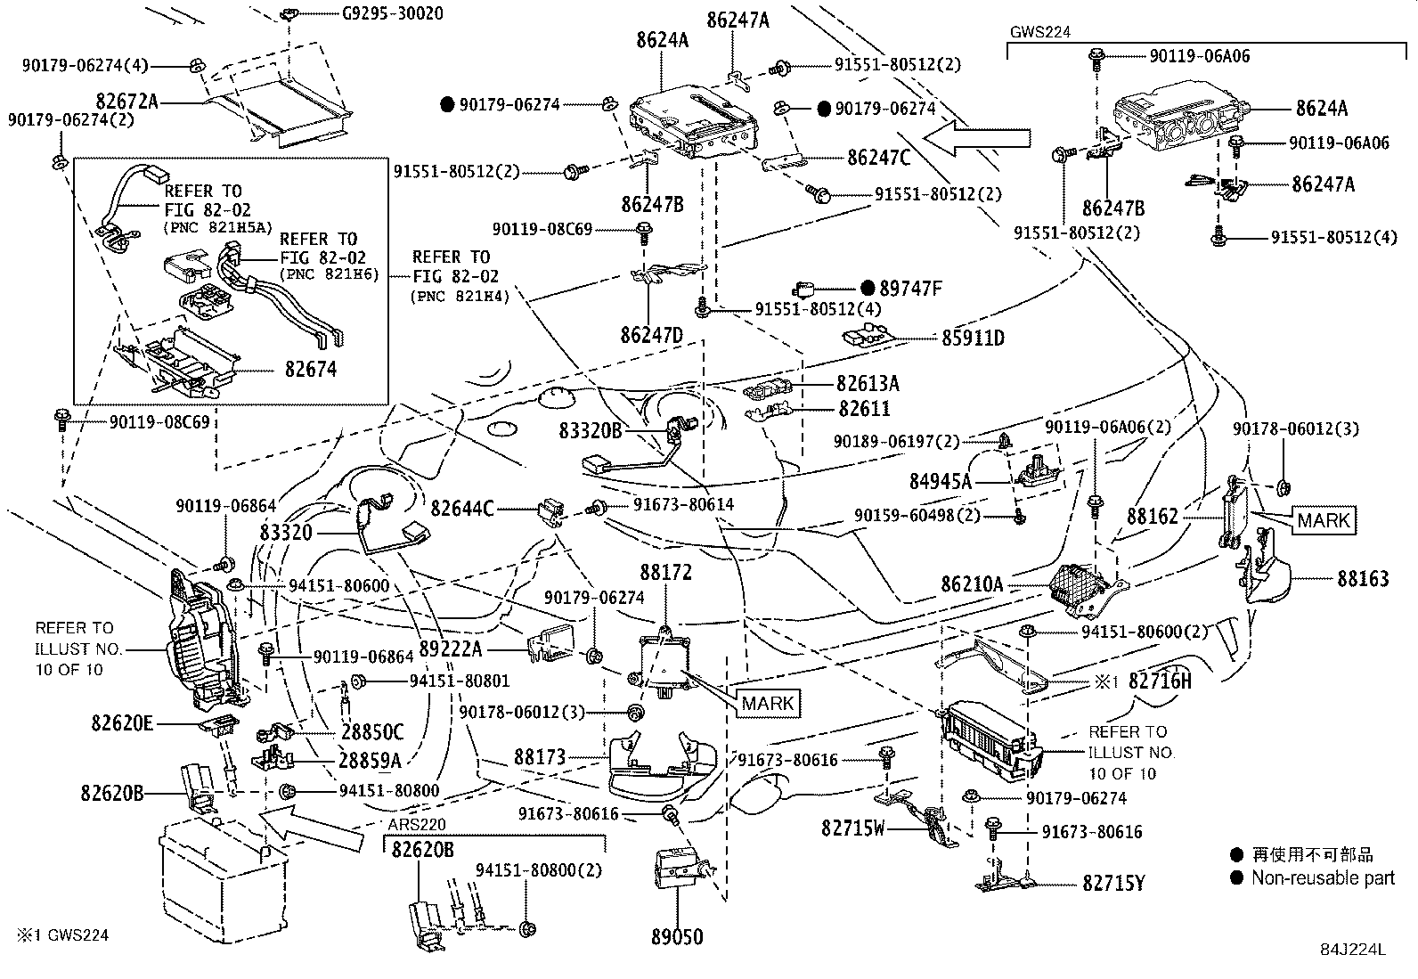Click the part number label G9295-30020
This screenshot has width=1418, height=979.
(x=392, y=14)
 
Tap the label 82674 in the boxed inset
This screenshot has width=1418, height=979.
(x=311, y=369)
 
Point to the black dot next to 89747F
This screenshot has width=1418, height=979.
(x=868, y=289)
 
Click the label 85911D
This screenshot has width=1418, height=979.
(x=973, y=339)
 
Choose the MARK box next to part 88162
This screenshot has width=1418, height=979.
(x=1323, y=520)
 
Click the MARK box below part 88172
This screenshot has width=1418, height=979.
(x=768, y=703)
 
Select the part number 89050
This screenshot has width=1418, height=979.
(x=676, y=937)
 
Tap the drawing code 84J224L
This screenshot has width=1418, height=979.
(x=1353, y=950)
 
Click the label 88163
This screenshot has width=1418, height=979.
(x=1362, y=579)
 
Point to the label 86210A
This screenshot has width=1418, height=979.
(x=972, y=585)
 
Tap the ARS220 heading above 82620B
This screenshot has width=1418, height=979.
(x=417, y=825)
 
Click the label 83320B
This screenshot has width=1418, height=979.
(x=591, y=432)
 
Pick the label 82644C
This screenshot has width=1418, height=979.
(x=461, y=509)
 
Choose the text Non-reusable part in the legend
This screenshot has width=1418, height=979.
(x=1322, y=878)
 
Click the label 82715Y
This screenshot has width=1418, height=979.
(x=1113, y=884)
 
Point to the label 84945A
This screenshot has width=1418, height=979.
(x=941, y=482)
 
